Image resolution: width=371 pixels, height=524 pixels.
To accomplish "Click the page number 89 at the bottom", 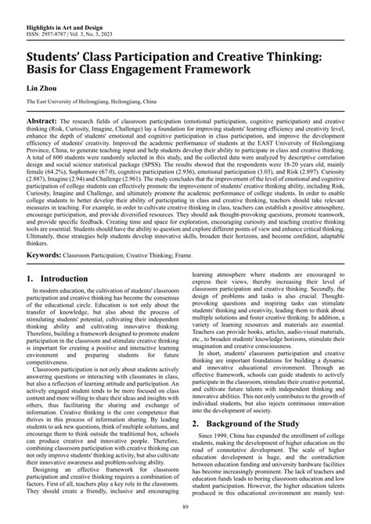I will (185, 509).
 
